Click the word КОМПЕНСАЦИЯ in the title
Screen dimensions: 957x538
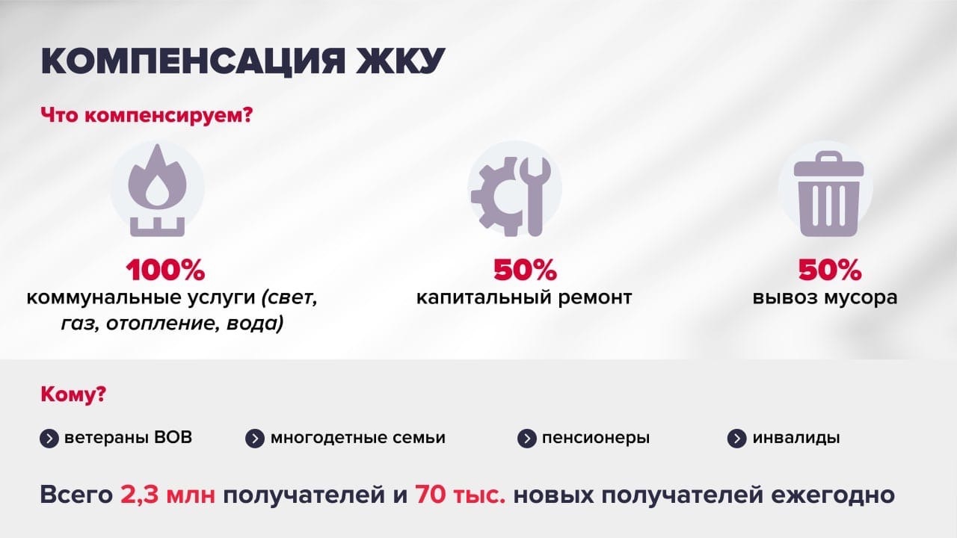click(193, 61)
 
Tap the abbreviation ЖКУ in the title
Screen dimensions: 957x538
click(400, 61)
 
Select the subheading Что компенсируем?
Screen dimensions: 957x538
click(147, 116)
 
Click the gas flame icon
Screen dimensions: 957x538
click(157, 191)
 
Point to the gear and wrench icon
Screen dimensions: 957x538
click(511, 197)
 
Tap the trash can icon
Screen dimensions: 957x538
click(828, 194)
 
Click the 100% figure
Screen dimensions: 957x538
click(165, 270)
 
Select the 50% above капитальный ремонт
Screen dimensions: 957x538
click(525, 270)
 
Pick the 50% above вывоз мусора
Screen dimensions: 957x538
click(830, 270)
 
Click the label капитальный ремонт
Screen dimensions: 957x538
click(524, 297)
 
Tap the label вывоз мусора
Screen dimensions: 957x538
click(825, 297)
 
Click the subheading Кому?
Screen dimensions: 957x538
click(73, 395)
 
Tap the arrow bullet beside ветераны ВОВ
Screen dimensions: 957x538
click(49, 439)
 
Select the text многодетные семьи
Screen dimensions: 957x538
click(357, 438)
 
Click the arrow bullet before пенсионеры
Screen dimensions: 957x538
click(527, 439)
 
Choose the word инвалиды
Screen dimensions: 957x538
click(796, 438)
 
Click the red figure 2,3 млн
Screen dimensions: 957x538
click(168, 495)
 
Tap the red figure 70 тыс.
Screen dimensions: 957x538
click(460, 495)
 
